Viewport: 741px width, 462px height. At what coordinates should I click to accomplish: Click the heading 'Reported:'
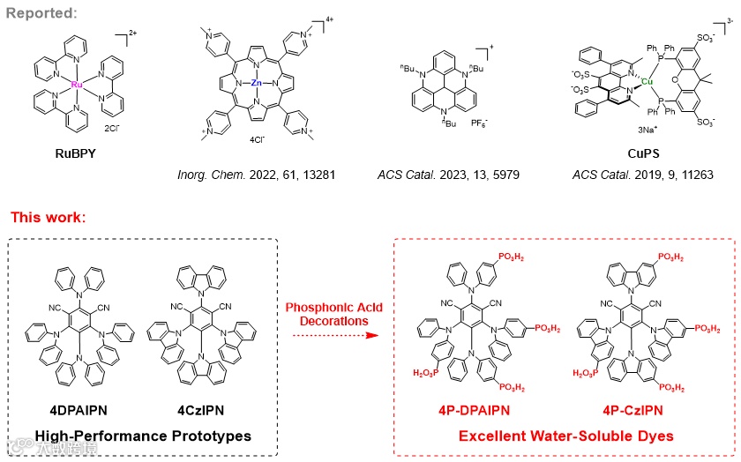(x=41, y=13)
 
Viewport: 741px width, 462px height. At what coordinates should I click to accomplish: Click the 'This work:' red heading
(x=48, y=217)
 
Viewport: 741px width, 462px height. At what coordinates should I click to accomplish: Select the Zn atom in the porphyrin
(x=256, y=83)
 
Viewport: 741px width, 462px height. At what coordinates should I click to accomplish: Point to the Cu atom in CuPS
(x=646, y=82)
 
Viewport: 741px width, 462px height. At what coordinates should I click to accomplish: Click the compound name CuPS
(x=638, y=152)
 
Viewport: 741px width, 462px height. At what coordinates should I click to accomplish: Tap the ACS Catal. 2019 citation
(x=637, y=175)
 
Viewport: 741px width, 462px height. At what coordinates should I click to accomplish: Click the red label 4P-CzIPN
(x=633, y=410)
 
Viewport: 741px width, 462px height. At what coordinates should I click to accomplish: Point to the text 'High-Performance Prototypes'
(x=143, y=436)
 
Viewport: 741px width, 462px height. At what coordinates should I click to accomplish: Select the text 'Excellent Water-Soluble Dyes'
(x=565, y=436)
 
